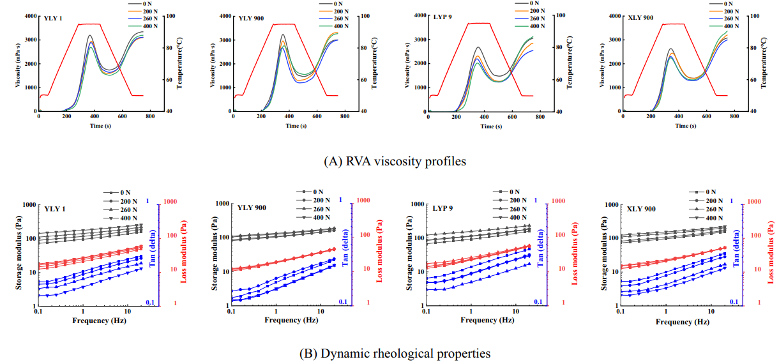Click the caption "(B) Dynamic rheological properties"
(389, 353)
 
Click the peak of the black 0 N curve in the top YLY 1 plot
(90, 36)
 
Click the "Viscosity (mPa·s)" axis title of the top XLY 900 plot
(602, 63)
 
